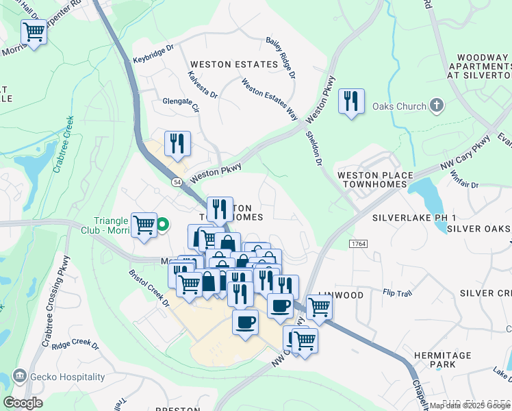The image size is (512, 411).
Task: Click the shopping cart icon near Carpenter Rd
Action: coord(34,32)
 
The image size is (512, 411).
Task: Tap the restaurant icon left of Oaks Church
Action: coord(351,101)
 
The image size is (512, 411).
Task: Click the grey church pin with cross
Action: coord(437,106)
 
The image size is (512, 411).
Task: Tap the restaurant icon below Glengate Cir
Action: coord(177,144)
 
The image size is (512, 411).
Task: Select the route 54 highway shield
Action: coord(177,182)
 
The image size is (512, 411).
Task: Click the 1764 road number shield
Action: coord(358,244)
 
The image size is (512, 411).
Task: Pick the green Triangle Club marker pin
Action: coord(164,223)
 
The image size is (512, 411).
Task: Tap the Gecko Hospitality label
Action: coord(67,377)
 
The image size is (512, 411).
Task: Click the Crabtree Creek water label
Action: coord(68,137)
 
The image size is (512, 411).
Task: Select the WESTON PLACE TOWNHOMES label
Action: coord(375,180)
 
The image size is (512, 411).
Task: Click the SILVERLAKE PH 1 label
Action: coord(414,218)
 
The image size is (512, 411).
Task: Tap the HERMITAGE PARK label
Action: coord(443,360)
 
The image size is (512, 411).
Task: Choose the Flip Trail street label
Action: coord(397,294)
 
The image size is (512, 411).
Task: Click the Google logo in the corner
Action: coord(23,402)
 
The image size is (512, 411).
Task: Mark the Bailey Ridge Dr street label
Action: coord(281,57)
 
